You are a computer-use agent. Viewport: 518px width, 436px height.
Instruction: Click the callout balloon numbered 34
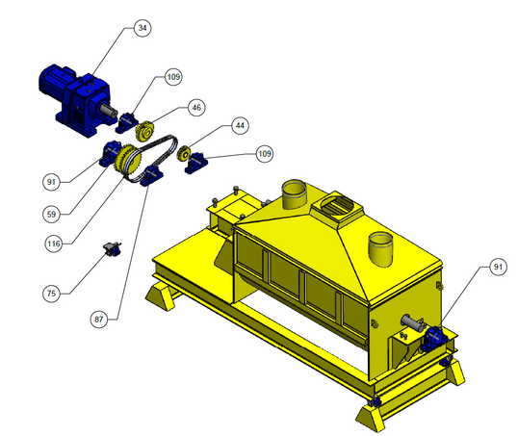(142, 28)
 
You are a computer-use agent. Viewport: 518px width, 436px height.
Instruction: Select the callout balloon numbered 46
(196, 108)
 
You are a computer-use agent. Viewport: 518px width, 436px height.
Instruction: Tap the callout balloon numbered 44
(240, 125)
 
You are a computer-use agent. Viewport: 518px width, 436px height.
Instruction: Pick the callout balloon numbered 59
(52, 215)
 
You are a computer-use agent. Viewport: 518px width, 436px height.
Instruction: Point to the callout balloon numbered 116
(54, 244)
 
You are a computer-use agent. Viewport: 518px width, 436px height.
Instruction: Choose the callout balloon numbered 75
(52, 294)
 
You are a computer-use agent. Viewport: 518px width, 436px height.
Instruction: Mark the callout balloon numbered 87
(99, 320)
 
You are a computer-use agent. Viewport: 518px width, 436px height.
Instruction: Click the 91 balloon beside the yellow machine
(498, 267)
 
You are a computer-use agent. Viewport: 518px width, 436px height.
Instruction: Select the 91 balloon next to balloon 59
(52, 182)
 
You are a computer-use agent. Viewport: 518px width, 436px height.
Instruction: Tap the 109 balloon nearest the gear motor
(173, 77)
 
